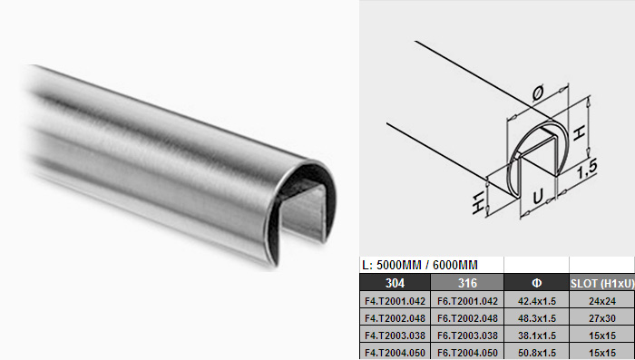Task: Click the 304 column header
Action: (395, 283)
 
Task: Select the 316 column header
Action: (467, 283)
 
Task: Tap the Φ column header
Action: (536, 283)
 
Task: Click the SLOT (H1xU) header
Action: (601, 283)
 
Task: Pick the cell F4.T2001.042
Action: (395, 301)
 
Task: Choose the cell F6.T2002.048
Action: (467, 318)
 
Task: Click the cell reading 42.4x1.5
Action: (537, 301)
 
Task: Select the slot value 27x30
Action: (602, 318)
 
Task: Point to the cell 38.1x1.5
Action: (537, 336)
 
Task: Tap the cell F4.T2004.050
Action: (395, 353)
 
